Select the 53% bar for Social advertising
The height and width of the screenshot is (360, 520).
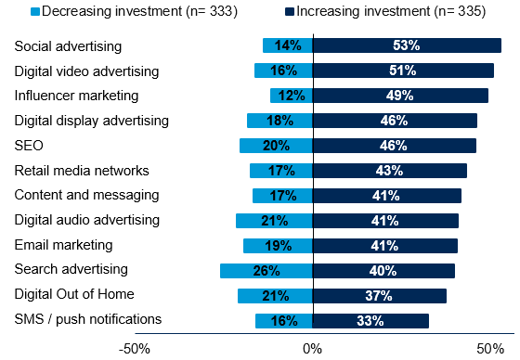click(x=407, y=45)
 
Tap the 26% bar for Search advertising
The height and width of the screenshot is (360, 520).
click(x=266, y=271)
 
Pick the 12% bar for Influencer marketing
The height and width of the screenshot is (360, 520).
click(x=291, y=96)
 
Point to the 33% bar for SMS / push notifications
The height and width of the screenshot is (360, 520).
click(x=370, y=321)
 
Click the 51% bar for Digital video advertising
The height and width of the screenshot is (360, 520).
click(x=403, y=71)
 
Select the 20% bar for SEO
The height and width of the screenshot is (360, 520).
click(x=276, y=146)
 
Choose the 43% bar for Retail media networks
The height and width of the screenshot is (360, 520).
click(x=389, y=171)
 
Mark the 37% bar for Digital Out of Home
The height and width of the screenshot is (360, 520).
click(x=379, y=296)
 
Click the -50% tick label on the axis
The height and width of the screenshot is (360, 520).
click(x=135, y=348)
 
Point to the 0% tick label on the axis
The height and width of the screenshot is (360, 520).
click(x=312, y=348)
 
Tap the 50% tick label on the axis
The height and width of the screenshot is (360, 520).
click(x=489, y=348)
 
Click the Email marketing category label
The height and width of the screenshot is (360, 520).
click(x=63, y=245)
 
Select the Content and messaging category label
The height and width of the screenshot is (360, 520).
click(x=86, y=195)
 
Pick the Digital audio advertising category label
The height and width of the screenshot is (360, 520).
click(x=87, y=220)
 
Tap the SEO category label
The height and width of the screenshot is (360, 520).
click(x=29, y=145)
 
